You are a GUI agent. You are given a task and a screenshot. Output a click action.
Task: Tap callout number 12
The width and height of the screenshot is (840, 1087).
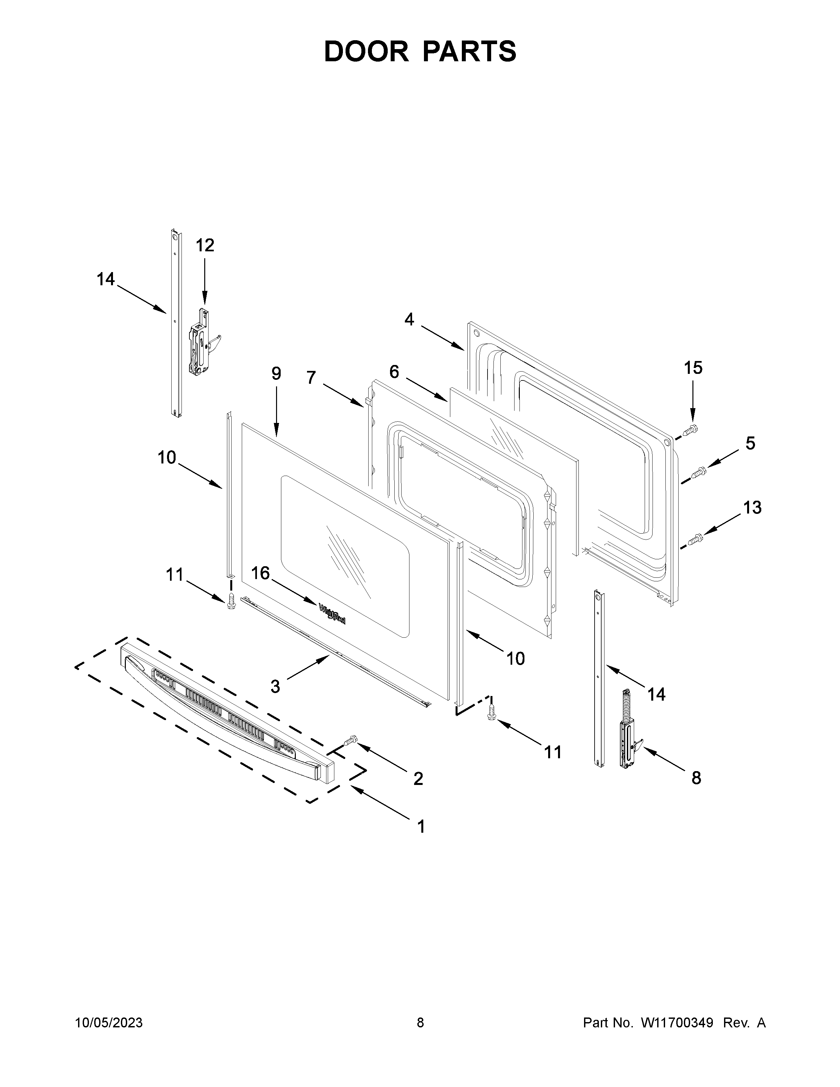205,245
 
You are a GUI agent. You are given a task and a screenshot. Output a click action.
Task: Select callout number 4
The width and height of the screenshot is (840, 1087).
409,319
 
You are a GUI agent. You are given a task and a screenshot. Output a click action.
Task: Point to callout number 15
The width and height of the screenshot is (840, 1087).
693,368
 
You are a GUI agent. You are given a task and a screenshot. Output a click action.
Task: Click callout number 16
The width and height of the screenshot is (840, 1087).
260,573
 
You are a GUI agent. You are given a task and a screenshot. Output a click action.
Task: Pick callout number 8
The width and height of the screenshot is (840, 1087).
696,778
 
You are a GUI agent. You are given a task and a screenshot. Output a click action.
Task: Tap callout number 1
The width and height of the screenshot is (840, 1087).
421,827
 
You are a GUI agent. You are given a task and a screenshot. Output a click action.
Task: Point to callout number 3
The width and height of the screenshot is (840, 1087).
275,686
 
